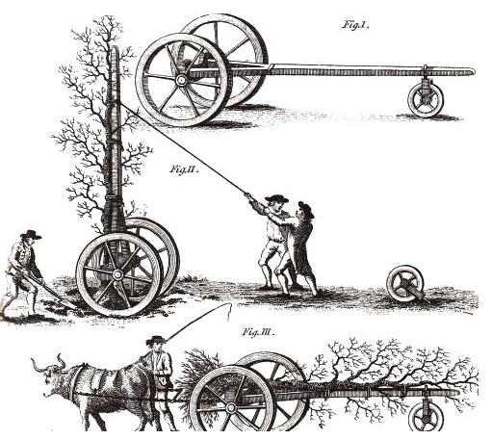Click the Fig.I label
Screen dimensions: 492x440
[355, 25]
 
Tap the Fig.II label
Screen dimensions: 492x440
[184, 169]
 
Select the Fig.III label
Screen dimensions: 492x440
[258, 331]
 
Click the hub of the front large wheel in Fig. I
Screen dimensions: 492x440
[181, 79]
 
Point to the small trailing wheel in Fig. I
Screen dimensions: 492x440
[426, 99]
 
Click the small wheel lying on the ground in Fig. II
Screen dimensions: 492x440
[405, 284]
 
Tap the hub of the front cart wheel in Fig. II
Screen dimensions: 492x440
[117, 274]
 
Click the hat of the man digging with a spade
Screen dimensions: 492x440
[31, 235]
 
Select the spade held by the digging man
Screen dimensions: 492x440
[48, 291]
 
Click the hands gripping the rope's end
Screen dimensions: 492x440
[248, 195]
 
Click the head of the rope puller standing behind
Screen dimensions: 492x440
[305, 210]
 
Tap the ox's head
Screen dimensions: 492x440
[51, 380]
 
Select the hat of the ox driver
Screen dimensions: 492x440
[156, 340]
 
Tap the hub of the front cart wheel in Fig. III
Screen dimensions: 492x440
[230, 408]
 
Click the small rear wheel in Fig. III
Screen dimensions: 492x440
[426, 418]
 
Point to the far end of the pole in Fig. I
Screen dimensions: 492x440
[473, 71]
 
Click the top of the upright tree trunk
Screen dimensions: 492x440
[115, 48]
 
